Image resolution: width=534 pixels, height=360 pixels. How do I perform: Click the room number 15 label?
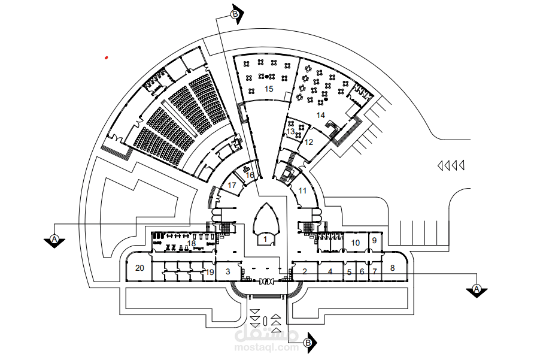(269, 89)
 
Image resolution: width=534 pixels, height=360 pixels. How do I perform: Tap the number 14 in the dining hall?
(320, 115)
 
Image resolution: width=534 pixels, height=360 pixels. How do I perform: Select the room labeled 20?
(139, 268)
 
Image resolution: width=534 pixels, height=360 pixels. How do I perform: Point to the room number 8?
(392, 268)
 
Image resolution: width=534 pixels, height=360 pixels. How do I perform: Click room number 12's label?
(308, 142)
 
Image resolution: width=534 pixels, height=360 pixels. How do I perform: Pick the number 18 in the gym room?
(192, 243)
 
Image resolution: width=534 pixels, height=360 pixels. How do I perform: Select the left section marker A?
(54, 240)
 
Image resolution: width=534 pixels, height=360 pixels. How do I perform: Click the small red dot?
(106, 58)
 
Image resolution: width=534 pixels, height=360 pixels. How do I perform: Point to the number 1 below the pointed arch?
(265, 240)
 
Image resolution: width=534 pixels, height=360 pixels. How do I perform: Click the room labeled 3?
(228, 271)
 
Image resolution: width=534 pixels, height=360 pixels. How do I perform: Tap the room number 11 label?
(302, 191)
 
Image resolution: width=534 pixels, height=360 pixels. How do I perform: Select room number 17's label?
(232, 185)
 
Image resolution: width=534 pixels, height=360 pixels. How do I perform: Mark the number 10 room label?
(355, 243)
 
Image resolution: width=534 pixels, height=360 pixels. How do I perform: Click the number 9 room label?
(374, 240)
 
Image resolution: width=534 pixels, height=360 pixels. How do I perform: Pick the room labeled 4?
(330, 272)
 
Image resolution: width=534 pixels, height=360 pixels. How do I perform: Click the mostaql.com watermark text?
(266, 348)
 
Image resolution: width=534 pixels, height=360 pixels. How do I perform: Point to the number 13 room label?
(290, 131)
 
